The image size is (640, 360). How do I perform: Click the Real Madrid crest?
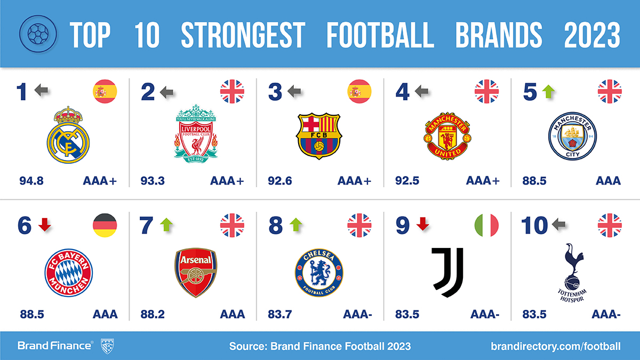pos(68,135)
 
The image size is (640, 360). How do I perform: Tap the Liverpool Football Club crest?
pos(196,133)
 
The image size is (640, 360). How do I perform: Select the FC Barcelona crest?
pos(319,136)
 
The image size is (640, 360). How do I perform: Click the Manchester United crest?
pos(447,135)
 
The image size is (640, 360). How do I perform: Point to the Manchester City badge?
pos(572,136)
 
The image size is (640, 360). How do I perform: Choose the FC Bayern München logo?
pos(69,273)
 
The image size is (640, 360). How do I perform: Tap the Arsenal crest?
pos(196,273)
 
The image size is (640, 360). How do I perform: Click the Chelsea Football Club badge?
pos(319,273)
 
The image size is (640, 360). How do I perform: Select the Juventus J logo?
pos(447,273)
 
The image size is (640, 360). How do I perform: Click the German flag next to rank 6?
pos(105,225)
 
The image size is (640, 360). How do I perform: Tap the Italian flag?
pos(486,225)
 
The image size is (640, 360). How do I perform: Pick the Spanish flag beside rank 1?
pos(105,91)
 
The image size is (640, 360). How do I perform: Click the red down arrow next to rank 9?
pos(422,223)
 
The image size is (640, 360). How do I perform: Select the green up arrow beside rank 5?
pos(548,92)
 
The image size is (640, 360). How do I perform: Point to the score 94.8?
pos(31,181)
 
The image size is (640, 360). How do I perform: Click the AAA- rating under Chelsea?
pos(357,315)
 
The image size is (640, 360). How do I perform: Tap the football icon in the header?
pos(38,34)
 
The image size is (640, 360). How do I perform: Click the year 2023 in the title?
pos(593,35)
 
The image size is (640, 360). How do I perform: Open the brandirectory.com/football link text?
pos(556,346)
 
